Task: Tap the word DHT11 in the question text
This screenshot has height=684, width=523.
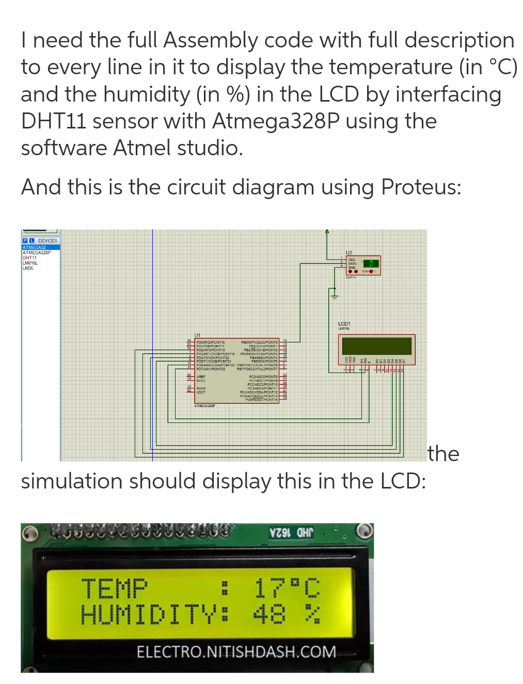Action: point(53,121)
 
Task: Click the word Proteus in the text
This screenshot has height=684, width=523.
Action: point(421,187)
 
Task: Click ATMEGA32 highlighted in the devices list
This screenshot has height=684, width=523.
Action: point(35,248)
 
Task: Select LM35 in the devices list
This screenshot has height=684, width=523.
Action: point(28,268)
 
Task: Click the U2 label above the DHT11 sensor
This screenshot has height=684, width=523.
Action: point(348,252)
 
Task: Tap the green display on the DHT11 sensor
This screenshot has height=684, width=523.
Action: point(371,264)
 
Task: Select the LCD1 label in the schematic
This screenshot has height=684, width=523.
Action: point(344,323)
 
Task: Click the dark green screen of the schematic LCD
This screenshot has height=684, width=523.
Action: point(376,346)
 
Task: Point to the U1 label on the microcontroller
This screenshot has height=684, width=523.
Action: point(197,335)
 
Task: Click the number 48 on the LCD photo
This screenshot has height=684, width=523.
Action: point(269,614)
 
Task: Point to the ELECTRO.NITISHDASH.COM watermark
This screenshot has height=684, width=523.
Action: point(236,652)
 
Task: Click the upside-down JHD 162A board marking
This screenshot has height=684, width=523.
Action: point(291,532)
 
